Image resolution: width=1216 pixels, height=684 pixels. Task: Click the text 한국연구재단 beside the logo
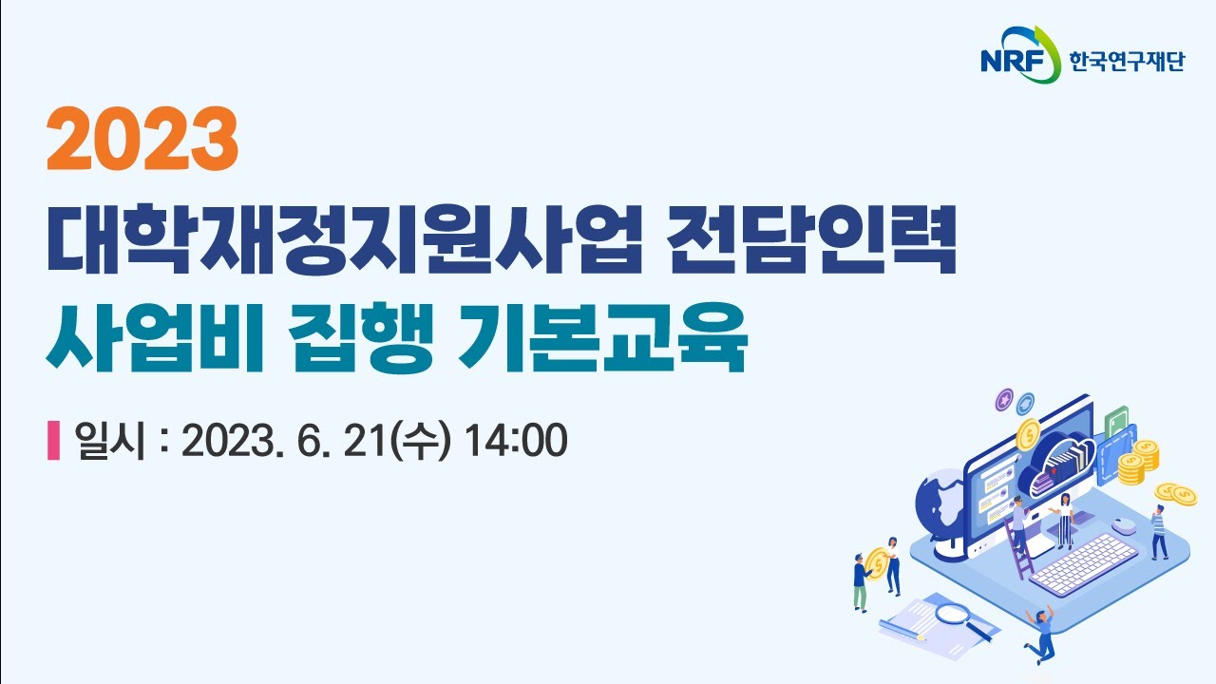(1127, 64)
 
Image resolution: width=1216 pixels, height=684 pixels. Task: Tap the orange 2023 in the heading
(142, 139)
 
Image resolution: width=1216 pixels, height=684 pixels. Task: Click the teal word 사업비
(142, 340)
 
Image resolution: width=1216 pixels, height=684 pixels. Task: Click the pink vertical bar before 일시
(53, 440)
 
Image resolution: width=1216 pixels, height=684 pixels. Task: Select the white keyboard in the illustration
(1083, 564)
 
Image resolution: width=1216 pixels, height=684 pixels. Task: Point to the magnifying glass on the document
(954, 617)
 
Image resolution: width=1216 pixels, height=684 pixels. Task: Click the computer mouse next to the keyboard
(1124, 523)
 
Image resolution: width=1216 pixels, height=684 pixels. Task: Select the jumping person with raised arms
(1042, 631)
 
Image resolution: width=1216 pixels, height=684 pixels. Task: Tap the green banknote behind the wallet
(1117, 421)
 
